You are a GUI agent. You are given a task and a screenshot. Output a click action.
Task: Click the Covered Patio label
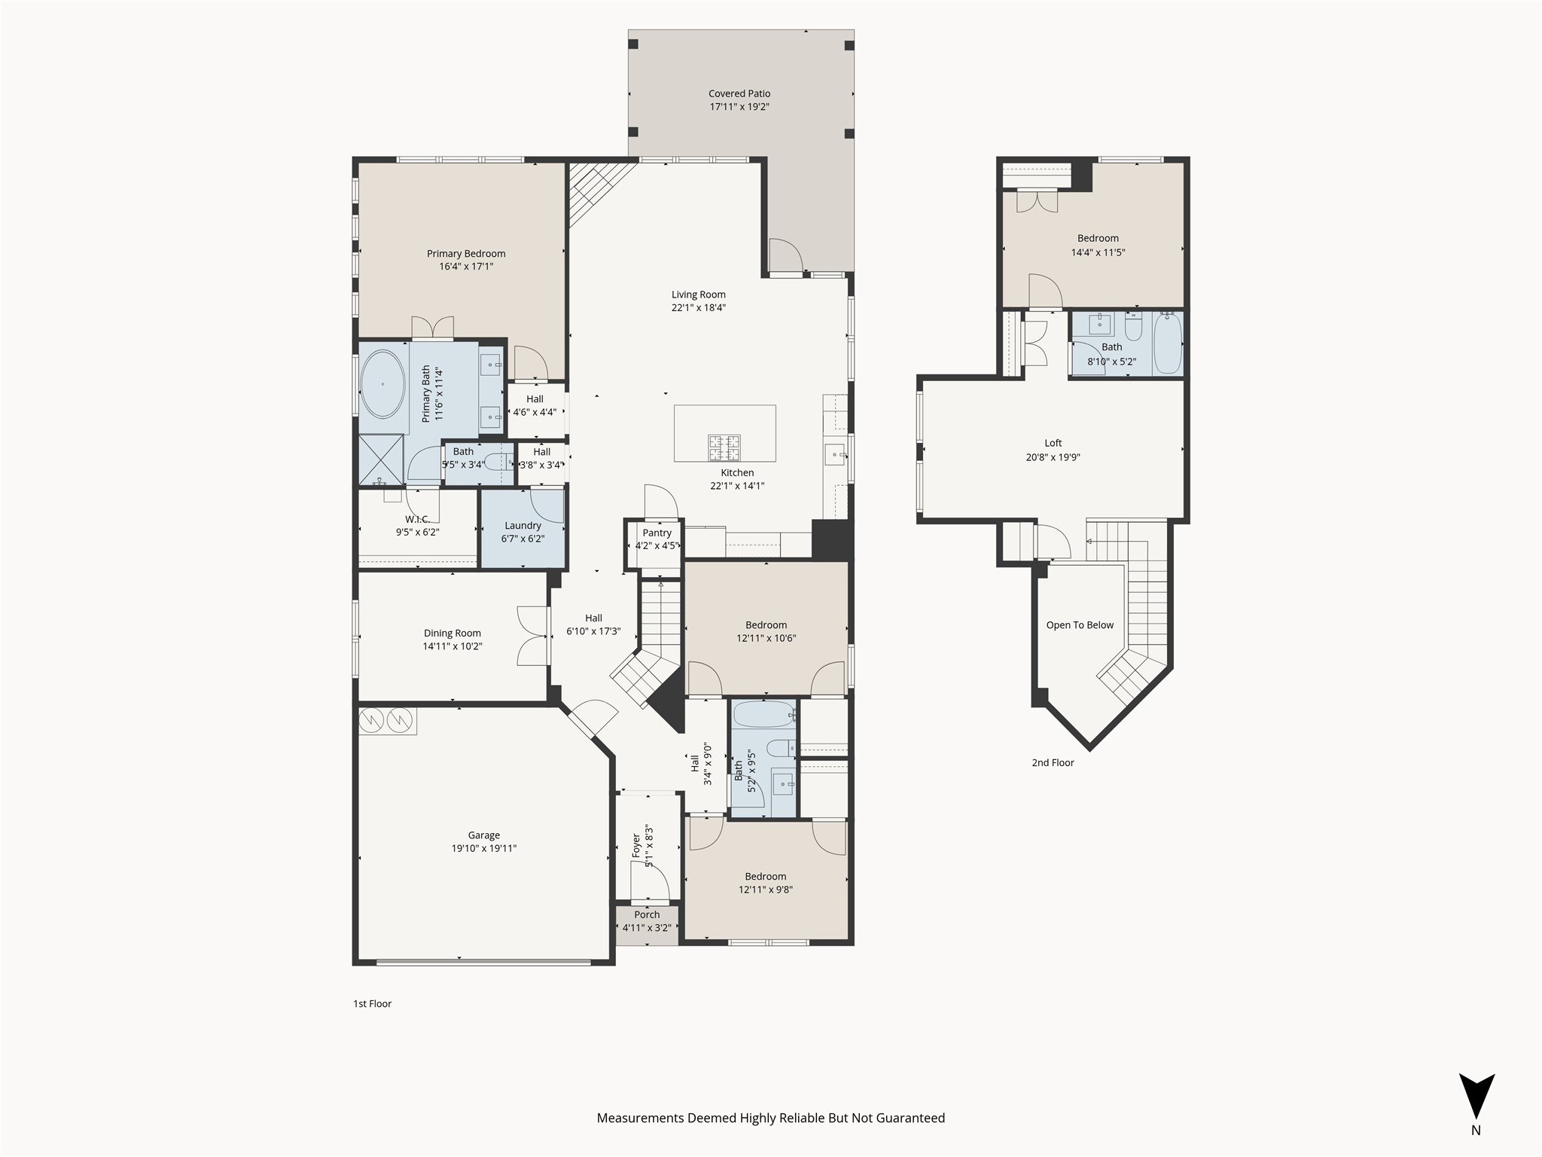739,93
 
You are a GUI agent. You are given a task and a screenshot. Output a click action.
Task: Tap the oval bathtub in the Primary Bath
382,384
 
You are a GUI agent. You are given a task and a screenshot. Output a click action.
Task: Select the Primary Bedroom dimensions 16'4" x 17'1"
465,267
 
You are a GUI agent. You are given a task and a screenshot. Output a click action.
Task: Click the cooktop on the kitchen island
724,447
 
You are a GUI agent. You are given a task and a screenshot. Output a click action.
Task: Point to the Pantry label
657,533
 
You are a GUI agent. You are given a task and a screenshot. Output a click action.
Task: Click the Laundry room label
523,526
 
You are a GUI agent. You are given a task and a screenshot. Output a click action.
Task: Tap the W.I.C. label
416,519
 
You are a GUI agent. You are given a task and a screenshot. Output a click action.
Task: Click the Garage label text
483,835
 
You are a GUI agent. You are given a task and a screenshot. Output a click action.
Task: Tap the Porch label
646,914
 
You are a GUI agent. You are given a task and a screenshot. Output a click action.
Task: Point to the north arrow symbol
1476,1096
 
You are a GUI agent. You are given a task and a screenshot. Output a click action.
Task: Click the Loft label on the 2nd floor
1053,443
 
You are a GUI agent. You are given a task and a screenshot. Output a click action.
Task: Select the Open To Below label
1079,625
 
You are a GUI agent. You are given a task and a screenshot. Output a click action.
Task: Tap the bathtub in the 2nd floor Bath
1168,344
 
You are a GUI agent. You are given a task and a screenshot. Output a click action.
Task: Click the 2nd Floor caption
1053,762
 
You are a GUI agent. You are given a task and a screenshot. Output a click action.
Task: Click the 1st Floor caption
372,1003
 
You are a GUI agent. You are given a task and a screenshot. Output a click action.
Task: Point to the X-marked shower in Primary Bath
380,459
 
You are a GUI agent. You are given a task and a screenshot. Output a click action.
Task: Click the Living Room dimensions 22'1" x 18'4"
698,307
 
